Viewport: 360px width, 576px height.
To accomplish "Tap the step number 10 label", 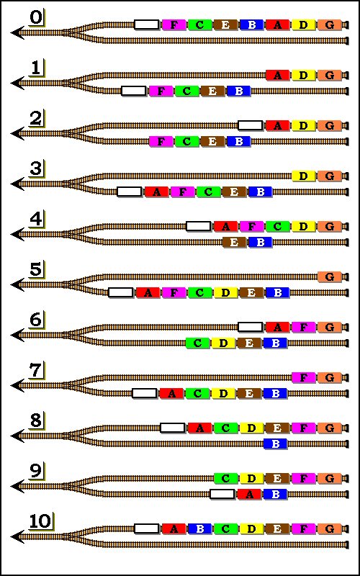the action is click(x=40, y=521).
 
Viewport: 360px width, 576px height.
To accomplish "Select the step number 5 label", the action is click(x=35, y=270).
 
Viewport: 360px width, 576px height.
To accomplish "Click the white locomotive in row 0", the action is click(x=147, y=24).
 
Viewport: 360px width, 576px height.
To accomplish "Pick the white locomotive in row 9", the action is click(x=222, y=494).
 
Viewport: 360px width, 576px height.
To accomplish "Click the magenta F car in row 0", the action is click(x=174, y=24).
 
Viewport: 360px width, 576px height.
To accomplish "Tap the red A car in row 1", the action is click(x=278, y=76).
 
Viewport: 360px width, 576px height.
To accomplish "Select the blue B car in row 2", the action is click(x=239, y=141).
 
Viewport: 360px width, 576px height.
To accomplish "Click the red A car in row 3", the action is click(x=156, y=192).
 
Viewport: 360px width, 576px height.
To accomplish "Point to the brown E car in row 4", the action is click(x=235, y=243).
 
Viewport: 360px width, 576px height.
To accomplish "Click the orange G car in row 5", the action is click(x=330, y=276).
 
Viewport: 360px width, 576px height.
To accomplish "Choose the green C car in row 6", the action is click(x=197, y=343).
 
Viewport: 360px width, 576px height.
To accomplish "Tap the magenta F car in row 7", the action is click(x=303, y=377).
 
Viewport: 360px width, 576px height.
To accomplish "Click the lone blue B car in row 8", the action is click(x=276, y=444).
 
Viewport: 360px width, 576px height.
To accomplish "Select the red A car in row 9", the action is click(x=249, y=494).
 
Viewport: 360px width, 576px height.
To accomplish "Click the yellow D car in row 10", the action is click(x=251, y=529).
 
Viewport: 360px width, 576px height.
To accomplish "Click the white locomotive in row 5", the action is click(x=120, y=293).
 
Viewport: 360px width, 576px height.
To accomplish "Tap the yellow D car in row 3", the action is click(x=303, y=176).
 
